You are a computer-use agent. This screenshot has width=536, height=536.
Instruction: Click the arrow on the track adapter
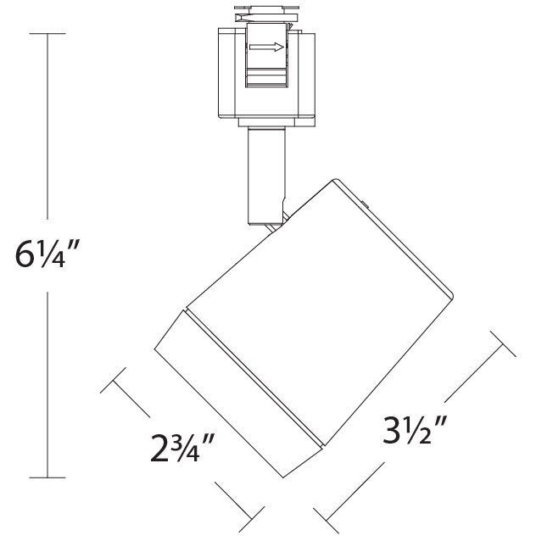(x=269, y=49)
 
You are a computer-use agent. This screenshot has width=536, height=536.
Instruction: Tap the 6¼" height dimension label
(x=47, y=254)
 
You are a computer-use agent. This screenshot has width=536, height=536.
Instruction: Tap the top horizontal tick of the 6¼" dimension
(x=47, y=33)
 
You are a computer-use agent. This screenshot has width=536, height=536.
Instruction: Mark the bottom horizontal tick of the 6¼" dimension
(x=47, y=478)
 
